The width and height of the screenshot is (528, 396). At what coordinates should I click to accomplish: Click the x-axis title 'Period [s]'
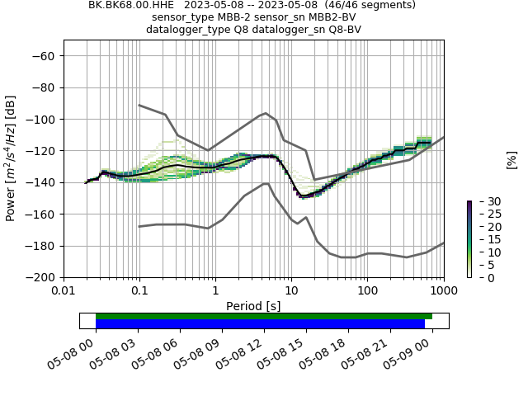(253, 306)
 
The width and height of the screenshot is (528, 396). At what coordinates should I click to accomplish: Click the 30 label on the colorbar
(483, 201)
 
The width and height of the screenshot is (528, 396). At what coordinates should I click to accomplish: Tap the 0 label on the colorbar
(479, 278)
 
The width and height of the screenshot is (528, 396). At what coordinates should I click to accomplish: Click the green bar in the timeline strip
(264, 316)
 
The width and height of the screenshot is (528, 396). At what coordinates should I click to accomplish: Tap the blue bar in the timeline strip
(260, 323)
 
